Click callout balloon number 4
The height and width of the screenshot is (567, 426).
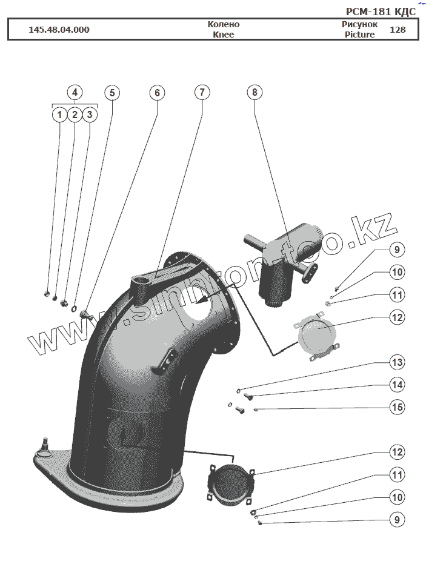coord(74,93)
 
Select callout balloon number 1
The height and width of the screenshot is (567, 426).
coord(59,114)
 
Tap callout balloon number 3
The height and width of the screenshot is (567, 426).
coord(90,114)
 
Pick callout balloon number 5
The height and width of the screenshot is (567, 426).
coord(112,93)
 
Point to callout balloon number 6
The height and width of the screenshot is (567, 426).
coord(157,93)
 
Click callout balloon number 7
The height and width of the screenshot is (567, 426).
coord(202,93)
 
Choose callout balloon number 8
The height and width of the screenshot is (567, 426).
coord(255,93)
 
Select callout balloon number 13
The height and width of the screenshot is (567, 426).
coord(397,362)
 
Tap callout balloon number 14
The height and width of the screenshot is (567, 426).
coord(397,385)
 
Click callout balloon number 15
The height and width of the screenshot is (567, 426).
coord(397,407)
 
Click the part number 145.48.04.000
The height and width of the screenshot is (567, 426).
coord(59,30)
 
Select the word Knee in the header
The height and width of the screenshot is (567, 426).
coord(224,35)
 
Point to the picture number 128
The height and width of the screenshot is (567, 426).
coord(398,30)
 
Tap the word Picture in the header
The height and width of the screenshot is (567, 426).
coord(360,35)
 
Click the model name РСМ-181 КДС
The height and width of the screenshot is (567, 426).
coord(381,12)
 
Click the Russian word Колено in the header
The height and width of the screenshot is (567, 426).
coord(224,24)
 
